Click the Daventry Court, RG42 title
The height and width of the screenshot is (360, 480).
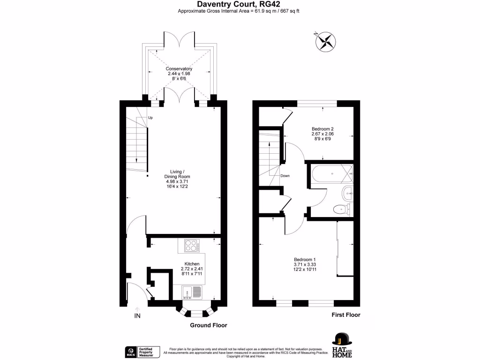point(240,4)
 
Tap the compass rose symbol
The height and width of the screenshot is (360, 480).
point(325,41)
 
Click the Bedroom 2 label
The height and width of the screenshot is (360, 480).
point(322,134)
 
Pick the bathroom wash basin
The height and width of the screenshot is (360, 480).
point(348,192)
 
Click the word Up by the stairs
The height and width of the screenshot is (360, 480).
point(150,118)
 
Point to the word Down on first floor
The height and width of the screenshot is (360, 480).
point(285,176)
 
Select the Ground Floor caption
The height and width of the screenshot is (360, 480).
point(208,325)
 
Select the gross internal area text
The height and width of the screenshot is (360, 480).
point(240,11)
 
